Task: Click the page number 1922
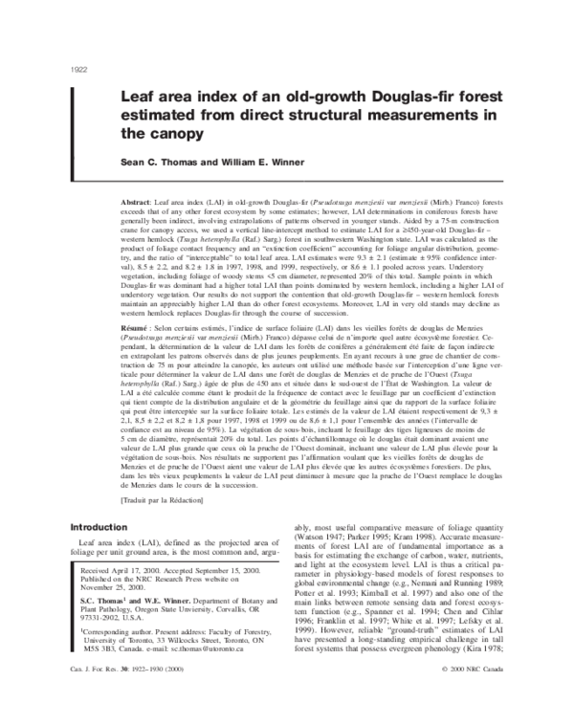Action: [79, 70]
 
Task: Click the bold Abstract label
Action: [139, 179]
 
